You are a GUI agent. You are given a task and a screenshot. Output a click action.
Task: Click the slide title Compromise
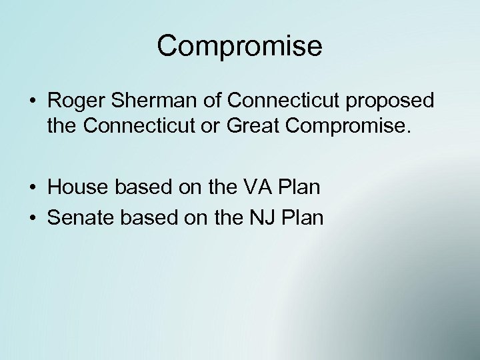[240, 46]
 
